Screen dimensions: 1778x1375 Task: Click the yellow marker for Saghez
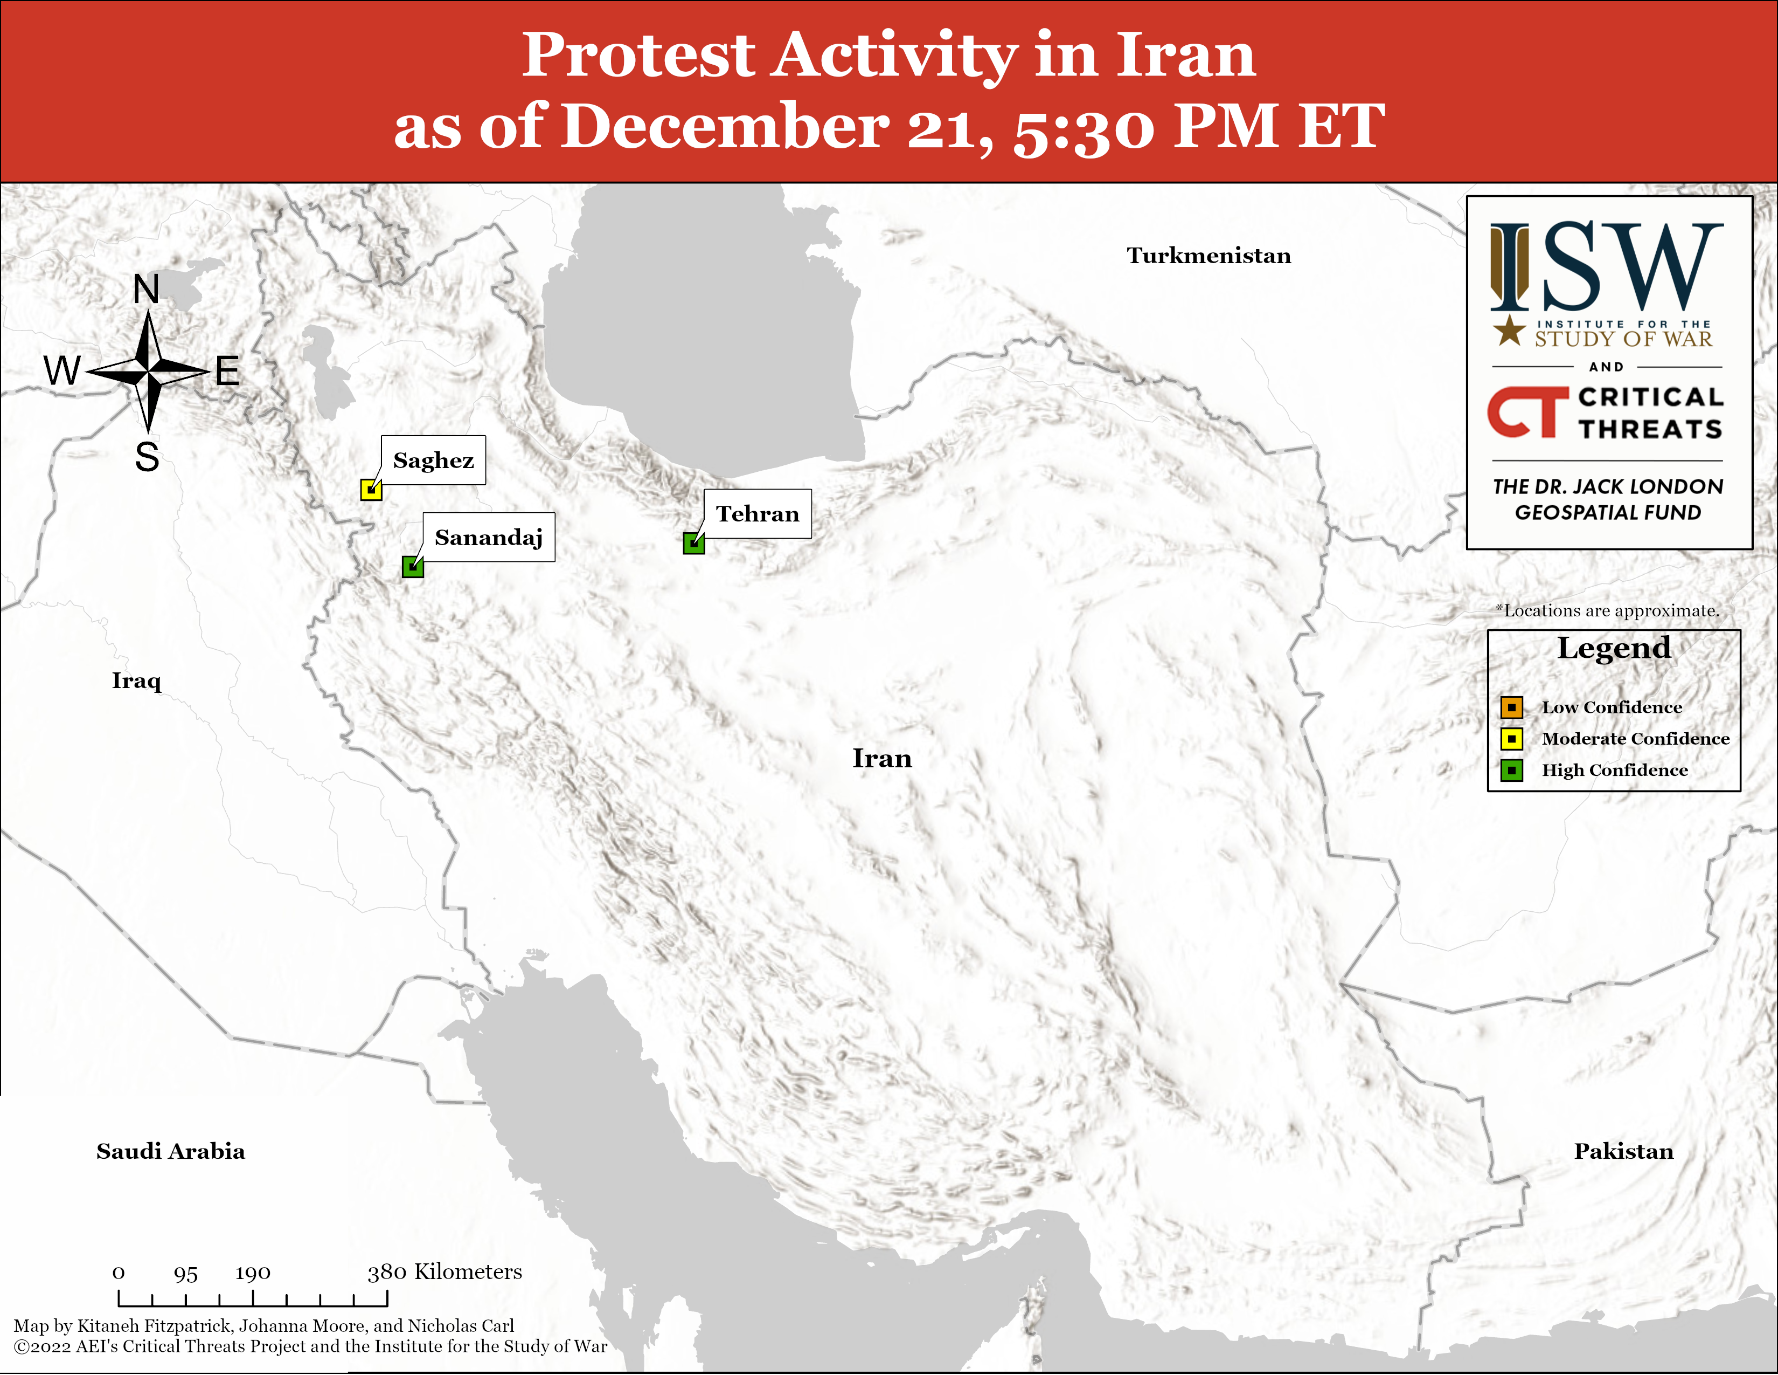(x=371, y=490)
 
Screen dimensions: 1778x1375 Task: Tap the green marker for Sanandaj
(x=413, y=567)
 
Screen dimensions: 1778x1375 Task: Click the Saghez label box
(x=433, y=460)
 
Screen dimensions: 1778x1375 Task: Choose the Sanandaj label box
(x=489, y=538)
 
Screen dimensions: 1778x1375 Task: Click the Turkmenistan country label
(x=1209, y=256)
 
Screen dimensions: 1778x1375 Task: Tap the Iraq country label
(x=137, y=681)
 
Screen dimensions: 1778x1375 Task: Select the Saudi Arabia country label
(x=171, y=1151)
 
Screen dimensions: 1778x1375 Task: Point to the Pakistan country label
(x=1624, y=1151)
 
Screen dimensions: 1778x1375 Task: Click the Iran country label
(x=883, y=758)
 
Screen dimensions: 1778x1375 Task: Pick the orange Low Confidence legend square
(x=1512, y=707)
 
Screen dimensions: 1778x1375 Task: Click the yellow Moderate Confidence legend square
(x=1512, y=739)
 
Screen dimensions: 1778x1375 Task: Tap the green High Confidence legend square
(x=1512, y=771)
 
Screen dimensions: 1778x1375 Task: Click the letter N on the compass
(x=147, y=289)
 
